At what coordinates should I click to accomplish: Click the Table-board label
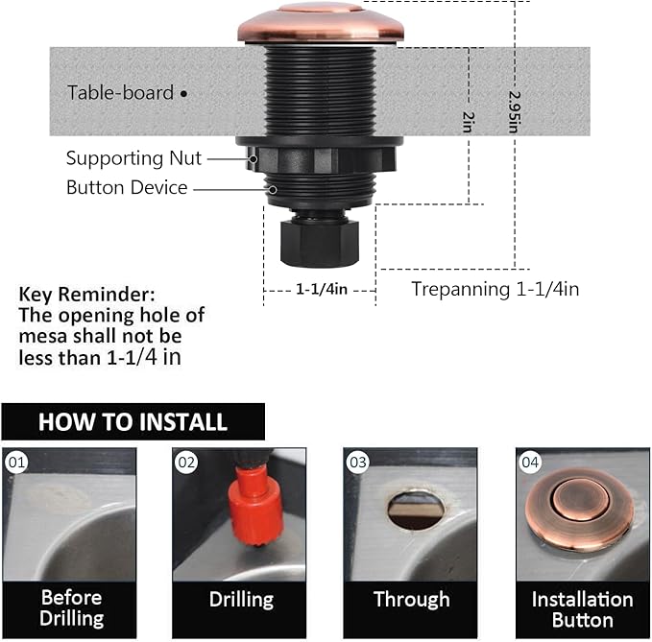[120, 93]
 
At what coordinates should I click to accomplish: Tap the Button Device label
[127, 187]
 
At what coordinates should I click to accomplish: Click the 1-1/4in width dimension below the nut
[320, 287]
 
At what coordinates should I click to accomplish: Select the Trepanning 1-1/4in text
[495, 288]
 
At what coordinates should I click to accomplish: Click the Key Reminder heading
[85, 295]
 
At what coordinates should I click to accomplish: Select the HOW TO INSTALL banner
[133, 421]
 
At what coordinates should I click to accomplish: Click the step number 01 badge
[17, 463]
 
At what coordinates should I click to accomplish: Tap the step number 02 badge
[186, 463]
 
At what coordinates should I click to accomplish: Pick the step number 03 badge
[358, 463]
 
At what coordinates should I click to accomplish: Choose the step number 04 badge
[530, 463]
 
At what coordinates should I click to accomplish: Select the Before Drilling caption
[71, 607]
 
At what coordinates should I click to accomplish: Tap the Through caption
[411, 599]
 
